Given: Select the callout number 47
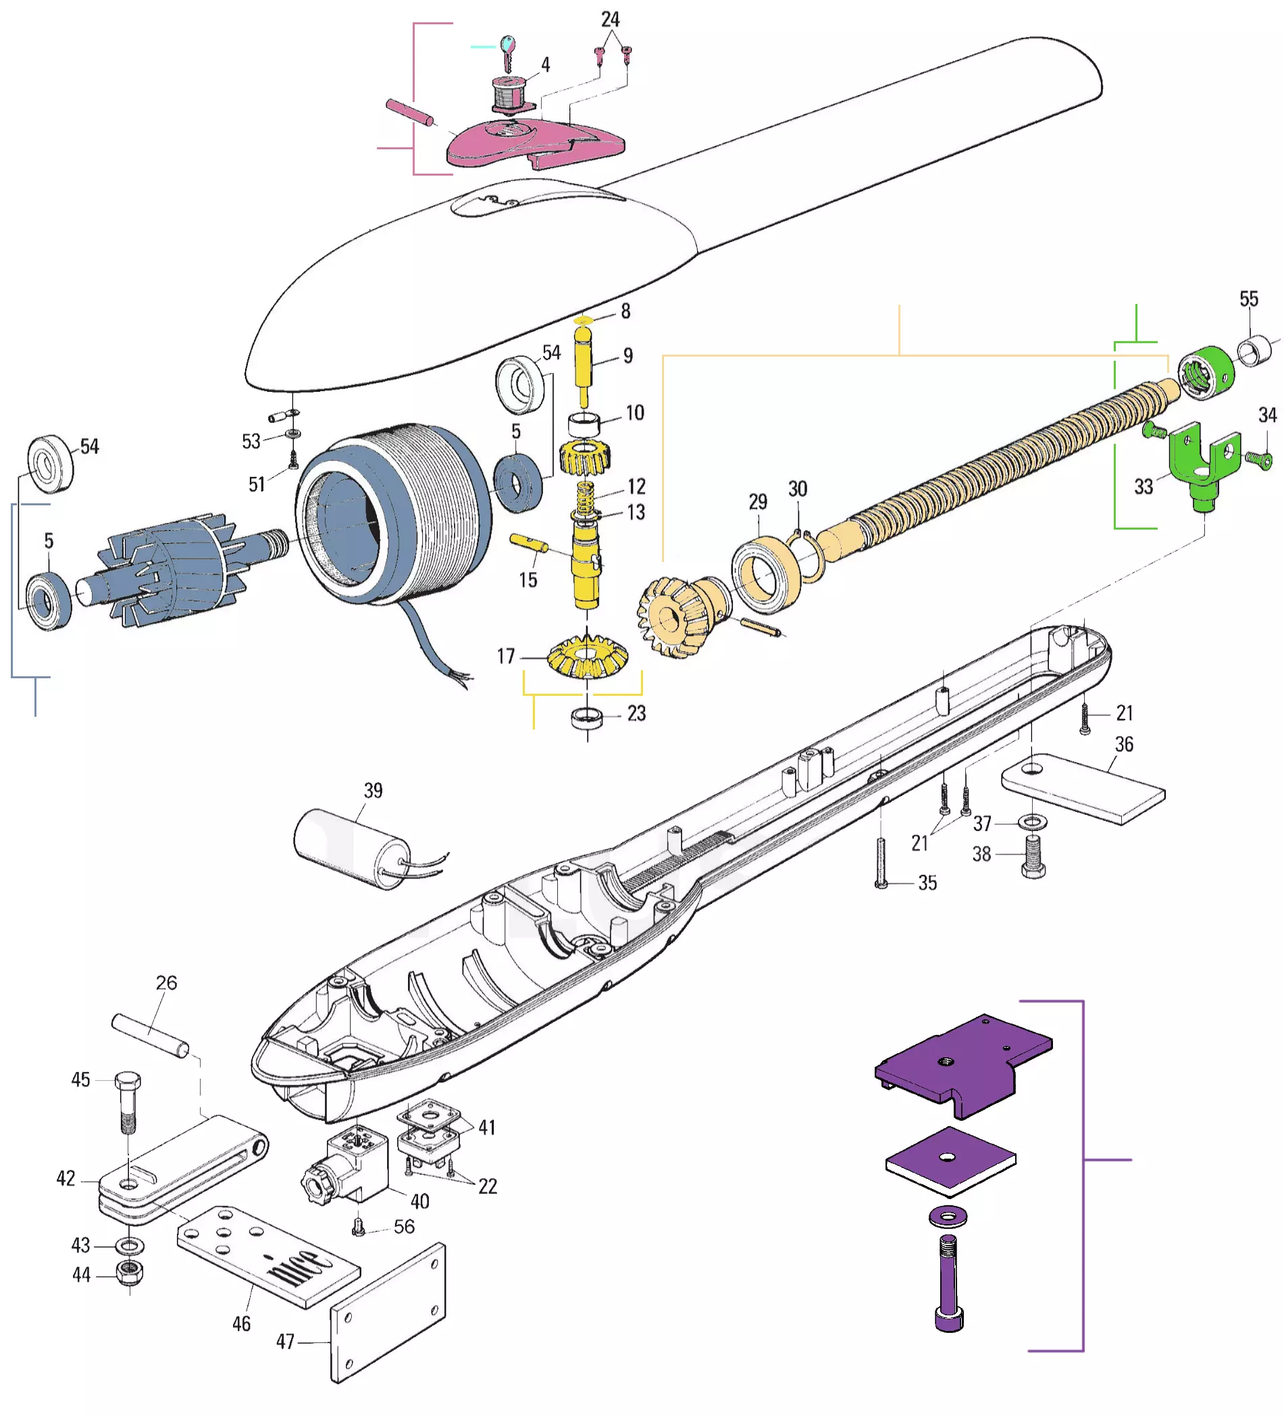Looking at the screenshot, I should (x=285, y=1341).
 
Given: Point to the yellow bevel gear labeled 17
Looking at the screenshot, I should (x=587, y=656).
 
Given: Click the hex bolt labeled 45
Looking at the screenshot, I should (x=128, y=1103).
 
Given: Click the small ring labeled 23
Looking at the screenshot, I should (x=587, y=717).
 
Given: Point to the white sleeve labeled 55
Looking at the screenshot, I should (x=1254, y=351).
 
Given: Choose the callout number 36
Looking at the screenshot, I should (x=1124, y=744).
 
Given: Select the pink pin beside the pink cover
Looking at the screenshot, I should (x=409, y=112).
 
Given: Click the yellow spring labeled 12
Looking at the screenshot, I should (x=585, y=497).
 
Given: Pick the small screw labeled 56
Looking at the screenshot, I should (x=358, y=1227).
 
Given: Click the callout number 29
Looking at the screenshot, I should (x=757, y=501).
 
